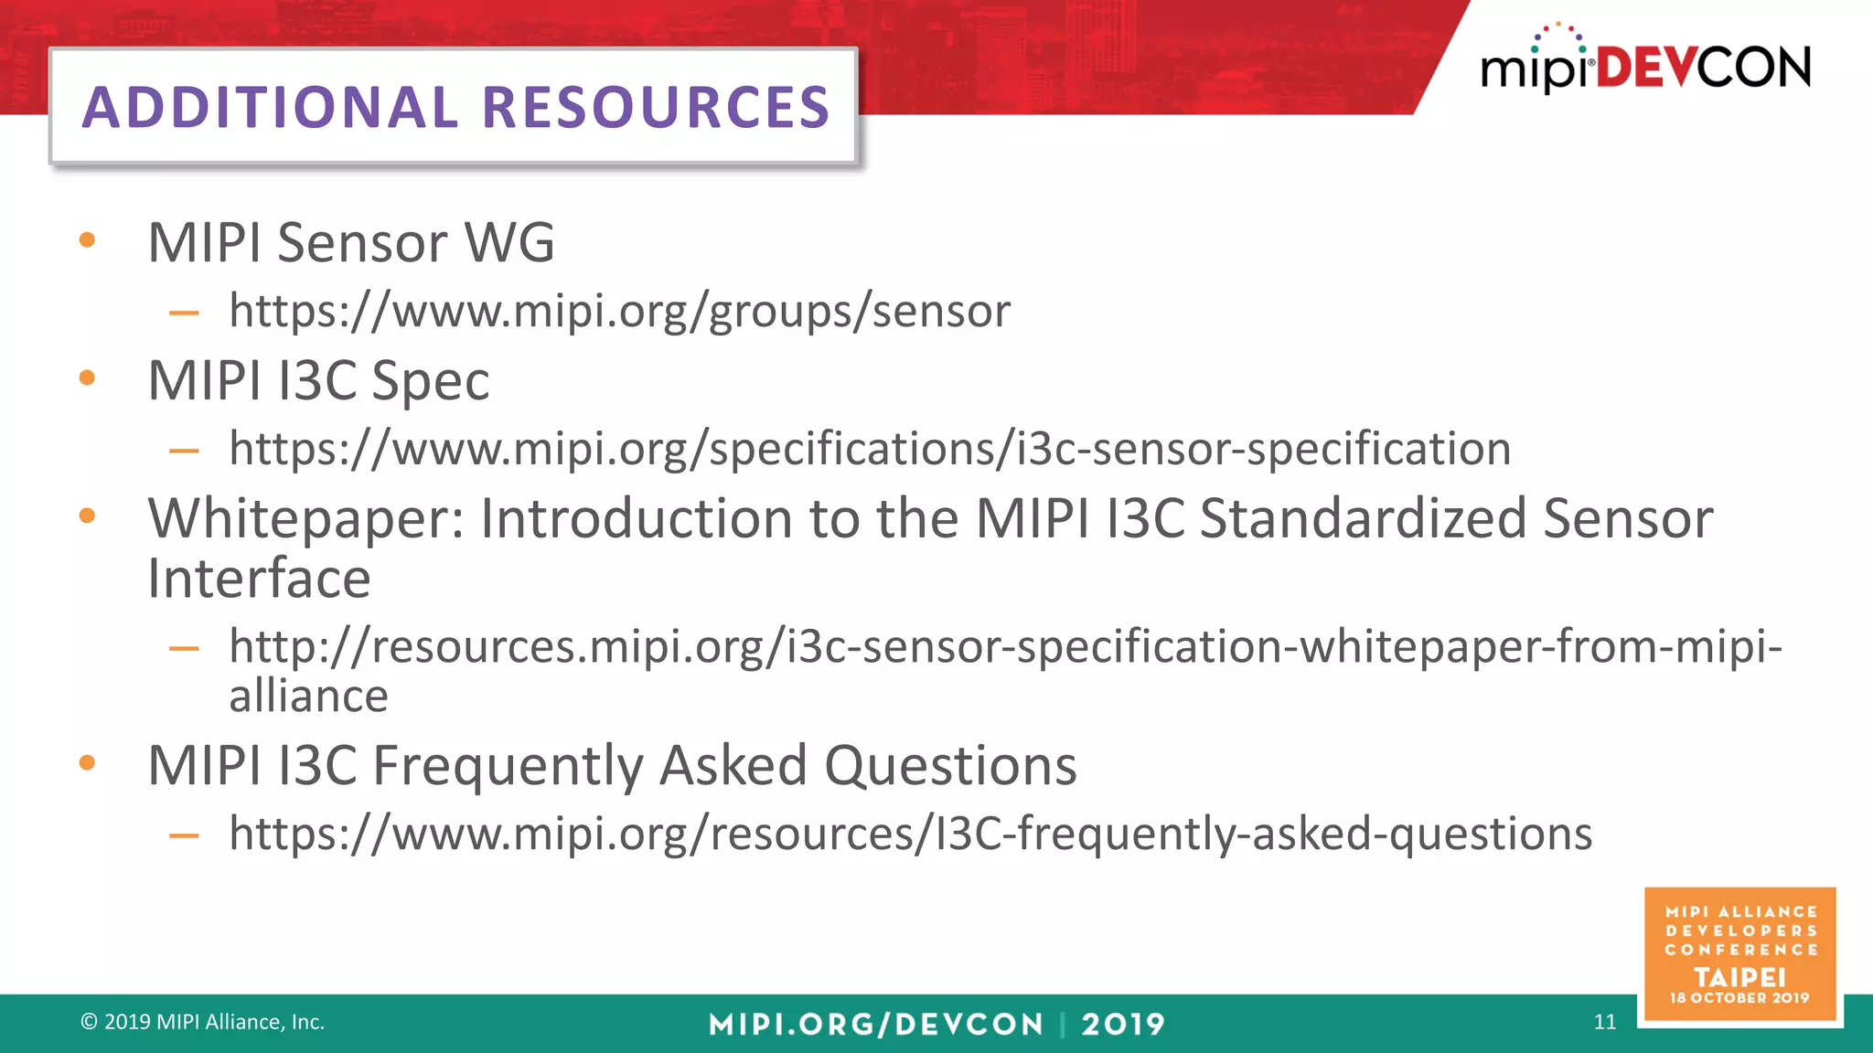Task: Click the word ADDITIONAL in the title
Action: (271, 108)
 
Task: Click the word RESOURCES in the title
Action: (656, 108)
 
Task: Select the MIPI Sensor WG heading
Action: (351, 243)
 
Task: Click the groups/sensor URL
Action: (619, 311)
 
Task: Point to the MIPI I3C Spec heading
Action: (318, 380)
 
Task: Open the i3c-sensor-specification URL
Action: (869, 449)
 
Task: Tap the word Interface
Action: (259, 579)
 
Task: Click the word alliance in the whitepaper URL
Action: (308, 697)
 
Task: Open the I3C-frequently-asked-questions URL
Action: (910, 834)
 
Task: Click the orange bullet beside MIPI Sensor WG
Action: (88, 240)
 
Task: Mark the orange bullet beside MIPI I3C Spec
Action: (88, 378)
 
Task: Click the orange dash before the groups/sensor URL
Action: (184, 313)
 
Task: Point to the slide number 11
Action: (1604, 1022)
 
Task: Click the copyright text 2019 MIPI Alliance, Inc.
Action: (203, 1022)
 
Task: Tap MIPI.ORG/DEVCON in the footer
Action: (875, 1024)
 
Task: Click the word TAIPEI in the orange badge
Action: (1739, 976)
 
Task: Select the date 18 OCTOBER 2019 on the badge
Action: (1739, 998)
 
